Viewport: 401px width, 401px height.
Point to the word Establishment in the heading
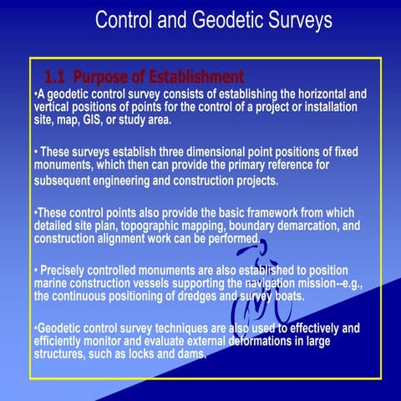(x=193, y=77)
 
